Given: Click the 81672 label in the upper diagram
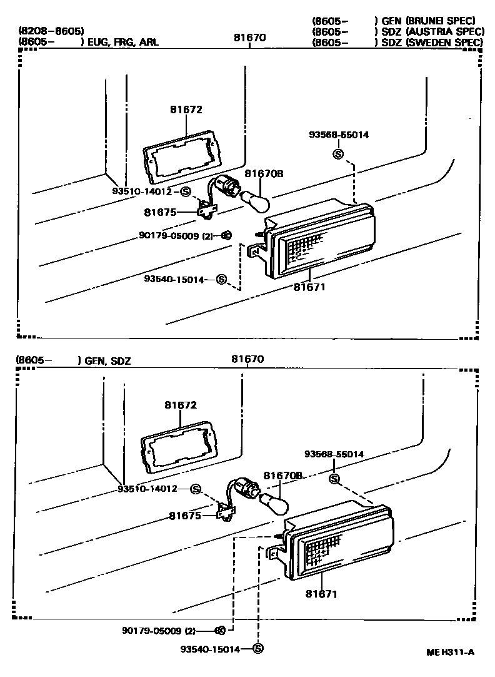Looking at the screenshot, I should [186, 109].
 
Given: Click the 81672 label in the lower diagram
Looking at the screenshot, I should [181, 405].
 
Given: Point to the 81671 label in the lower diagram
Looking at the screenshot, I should [321, 593].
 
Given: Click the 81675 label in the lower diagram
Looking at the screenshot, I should [184, 516].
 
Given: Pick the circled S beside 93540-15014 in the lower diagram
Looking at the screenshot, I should [258, 649].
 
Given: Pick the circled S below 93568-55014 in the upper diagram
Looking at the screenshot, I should [338, 153].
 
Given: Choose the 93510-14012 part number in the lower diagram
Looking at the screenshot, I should [148, 488].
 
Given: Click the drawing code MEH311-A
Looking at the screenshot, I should [450, 652].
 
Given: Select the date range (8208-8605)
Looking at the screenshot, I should [51, 31].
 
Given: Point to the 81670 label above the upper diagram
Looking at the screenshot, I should [250, 38].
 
